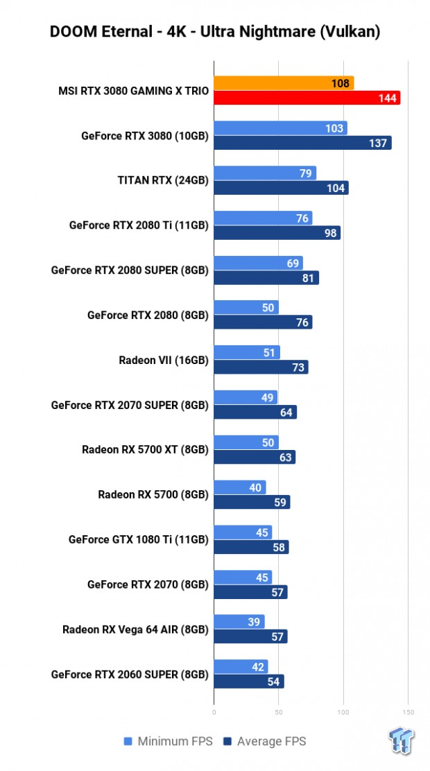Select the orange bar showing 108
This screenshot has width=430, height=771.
(x=284, y=83)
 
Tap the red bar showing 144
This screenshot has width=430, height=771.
(x=307, y=98)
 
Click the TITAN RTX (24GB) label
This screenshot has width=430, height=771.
(x=163, y=180)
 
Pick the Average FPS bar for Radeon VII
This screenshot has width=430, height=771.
(x=261, y=367)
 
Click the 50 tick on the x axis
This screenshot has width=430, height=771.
(x=279, y=712)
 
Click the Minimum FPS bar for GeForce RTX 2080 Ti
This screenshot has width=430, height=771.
(x=263, y=218)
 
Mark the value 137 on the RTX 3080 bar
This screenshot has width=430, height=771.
(x=379, y=143)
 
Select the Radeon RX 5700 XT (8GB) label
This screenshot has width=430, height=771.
(x=145, y=449)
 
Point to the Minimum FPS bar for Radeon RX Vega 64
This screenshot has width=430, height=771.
(x=239, y=622)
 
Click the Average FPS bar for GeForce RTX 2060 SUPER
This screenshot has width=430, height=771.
(x=249, y=682)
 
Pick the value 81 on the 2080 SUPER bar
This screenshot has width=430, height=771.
(x=309, y=278)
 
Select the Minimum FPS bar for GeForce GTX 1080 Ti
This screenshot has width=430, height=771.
(x=243, y=532)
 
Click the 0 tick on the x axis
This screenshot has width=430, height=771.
(x=214, y=712)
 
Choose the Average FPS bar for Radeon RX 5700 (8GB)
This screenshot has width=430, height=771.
(x=252, y=502)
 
